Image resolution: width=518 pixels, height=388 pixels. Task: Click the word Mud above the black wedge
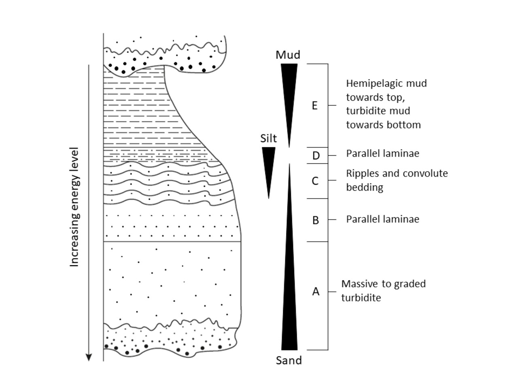coord(288,55)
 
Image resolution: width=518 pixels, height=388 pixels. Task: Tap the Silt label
coord(268,139)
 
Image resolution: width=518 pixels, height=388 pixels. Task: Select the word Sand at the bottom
coord(289,360)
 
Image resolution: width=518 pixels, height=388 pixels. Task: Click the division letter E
coord(314,106)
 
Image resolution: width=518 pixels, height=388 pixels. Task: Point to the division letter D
coord(316,156)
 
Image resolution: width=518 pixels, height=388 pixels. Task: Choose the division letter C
coord(315,181)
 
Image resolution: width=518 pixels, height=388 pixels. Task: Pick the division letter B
coord(316,220)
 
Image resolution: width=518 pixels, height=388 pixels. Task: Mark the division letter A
coord(316,291)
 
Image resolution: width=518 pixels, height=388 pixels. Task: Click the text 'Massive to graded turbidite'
coord(383,291)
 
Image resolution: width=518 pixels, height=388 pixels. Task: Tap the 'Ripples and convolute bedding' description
coord(397,180)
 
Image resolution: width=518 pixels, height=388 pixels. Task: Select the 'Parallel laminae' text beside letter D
coord(382,154)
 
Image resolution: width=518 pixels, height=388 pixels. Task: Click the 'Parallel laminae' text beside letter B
coord(382,219)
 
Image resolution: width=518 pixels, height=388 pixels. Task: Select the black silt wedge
coord(268,166)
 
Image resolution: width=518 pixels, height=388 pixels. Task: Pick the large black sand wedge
coord(289,291)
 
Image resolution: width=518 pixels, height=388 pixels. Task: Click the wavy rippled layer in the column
coord(166,182)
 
